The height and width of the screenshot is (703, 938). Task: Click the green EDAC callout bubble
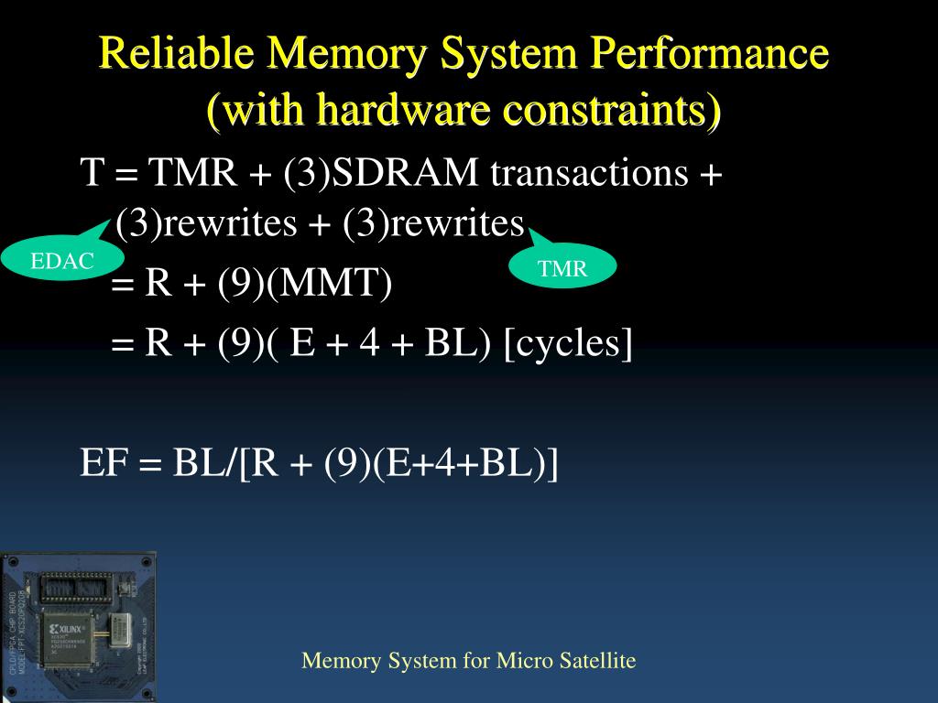click(x=61, y=261)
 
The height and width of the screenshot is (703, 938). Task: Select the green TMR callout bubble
click(x=562, y=268)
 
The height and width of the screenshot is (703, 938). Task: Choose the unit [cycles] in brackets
click(x=568, y=344)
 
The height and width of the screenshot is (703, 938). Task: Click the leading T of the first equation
click(x=90, y=172)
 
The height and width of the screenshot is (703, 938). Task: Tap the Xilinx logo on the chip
click(x=66, y=631)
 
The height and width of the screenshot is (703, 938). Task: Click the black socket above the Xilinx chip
click(x=76, y=586)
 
